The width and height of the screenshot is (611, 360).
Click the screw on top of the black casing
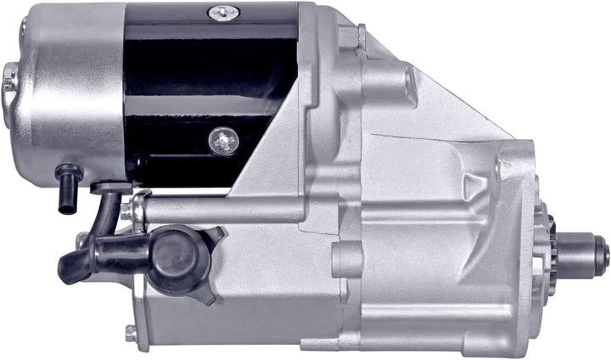pos(224,13)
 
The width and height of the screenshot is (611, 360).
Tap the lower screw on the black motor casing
pos(223,141)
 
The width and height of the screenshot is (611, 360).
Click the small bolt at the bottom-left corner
pos(130,334)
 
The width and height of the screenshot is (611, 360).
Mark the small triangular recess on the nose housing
pos(469,182)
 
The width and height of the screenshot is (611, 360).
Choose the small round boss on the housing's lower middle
pos(348,259)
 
